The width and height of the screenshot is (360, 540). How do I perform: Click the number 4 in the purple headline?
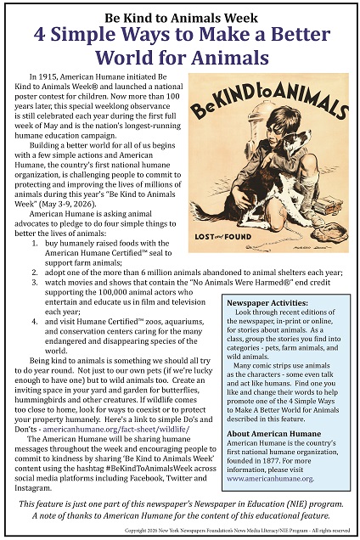(41, 37)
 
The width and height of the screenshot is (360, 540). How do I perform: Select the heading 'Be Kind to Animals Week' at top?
(180, 15)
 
